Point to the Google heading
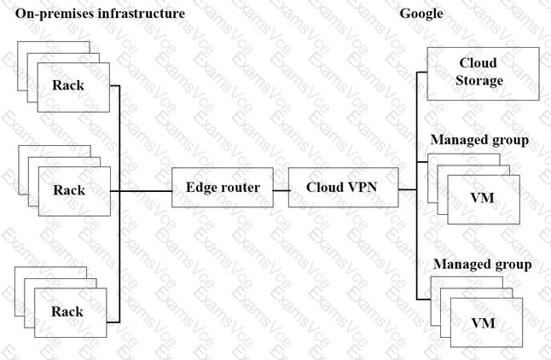coord(420,15)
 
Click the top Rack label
coord(68,84)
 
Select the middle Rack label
coord(68,189)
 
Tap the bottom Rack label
coord(68,311)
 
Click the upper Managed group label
coord(479,139)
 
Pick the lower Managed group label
coord(482,264)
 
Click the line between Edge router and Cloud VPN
coord(280,189)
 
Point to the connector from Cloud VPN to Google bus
coord(407,189)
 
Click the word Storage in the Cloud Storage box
coord(478,81)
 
